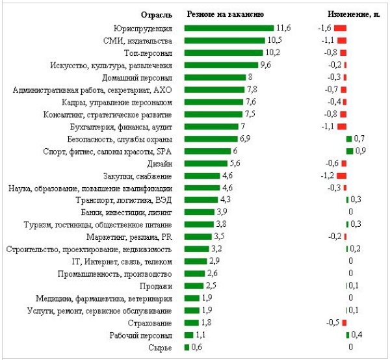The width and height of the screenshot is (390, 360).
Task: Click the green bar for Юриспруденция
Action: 229,28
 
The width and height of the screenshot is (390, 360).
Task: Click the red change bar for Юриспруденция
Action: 341,28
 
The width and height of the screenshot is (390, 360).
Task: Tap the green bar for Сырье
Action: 187,348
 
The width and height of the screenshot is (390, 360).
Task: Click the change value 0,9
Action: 360,151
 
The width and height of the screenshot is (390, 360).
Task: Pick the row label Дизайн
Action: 160,163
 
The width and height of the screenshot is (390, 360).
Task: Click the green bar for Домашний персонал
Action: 215,77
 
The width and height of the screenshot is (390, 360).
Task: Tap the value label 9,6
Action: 265,65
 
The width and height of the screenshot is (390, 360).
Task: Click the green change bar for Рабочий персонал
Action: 348,335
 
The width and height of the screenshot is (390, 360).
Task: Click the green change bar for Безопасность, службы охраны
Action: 349,138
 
